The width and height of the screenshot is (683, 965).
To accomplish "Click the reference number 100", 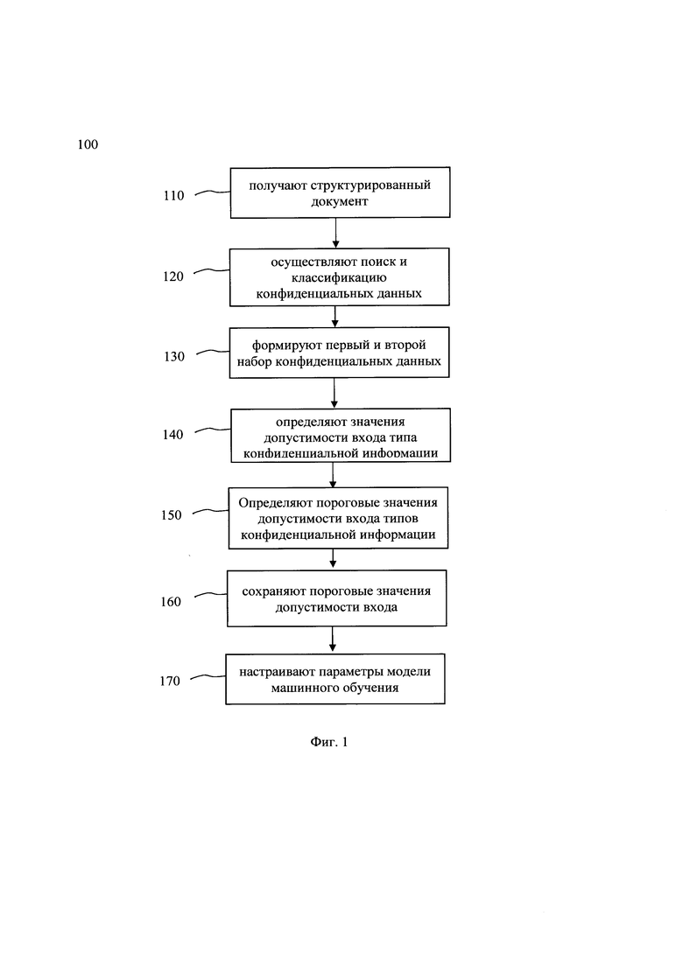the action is pyautogui.click(x=88, y=144).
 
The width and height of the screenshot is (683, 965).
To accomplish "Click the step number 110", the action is pyautogui.click(x=173, y=196).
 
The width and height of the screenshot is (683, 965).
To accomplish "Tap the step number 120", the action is pyautogui.click(x=173, y=276).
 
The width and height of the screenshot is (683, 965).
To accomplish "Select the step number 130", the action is pyautogui.click(x=173, y=356).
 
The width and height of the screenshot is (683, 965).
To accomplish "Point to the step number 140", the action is pyautogui.click(x=173, y=435).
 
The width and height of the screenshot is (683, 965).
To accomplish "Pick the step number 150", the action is pyautogui.click(x=172, y=515).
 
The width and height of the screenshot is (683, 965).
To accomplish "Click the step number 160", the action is pyautogui.click(x=171, y=602).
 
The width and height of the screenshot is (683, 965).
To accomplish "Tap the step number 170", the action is pyautogui.click(x=169, y=682).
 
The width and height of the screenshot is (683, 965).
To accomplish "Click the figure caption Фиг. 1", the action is pyautogui.click(x=329, y=742).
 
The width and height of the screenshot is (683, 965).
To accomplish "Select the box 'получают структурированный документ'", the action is pyautogui.click(x=340, y=192).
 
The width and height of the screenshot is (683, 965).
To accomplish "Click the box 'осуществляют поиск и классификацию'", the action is pyautogui.click(x=340, y=277).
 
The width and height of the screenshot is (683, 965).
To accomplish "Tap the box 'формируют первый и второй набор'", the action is pyautogui.click(x=340, y=353).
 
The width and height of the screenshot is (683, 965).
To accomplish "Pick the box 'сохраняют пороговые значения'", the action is pyautogui.click(x=336, y=598).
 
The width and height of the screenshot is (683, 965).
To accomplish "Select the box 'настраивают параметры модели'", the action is pyautogui.click(x=335, y=679).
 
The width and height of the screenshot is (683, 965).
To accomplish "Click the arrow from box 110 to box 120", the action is pyautogui.click(x=335, y=233).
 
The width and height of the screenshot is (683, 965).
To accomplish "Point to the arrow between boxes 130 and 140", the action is pyautogui.click(x=334, y=393).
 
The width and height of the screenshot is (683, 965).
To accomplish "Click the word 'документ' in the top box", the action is pyautogui.click(x=340, y=201).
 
